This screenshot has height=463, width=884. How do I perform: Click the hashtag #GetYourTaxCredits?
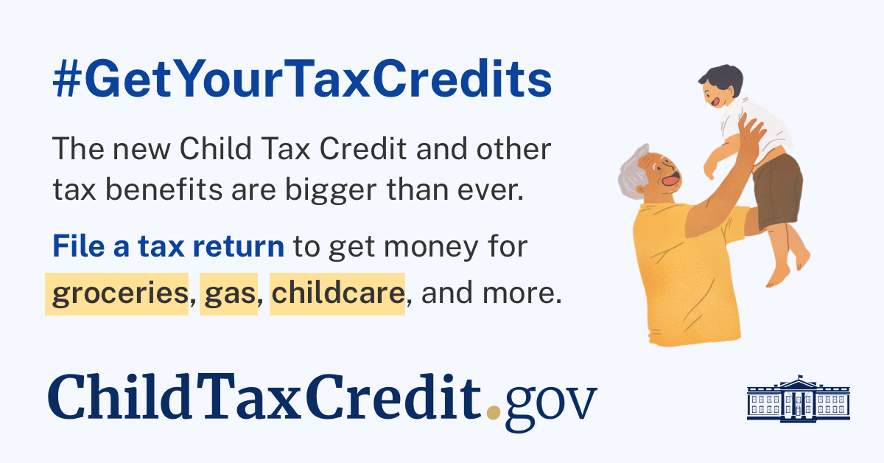pyautogui.click(x=302, y=79)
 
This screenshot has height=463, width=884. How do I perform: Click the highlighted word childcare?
pyautogui.click(x=338, y=293)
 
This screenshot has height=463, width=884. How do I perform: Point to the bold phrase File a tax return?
pyautogui.click(x=169, y=246)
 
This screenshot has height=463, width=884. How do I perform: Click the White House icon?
pyautogui.click(x=799, y=399)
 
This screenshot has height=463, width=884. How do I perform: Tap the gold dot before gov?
pyautogui.click(x=494, y=412)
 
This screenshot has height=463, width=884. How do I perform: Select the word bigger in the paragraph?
pyautogui.click(x=331, y=191)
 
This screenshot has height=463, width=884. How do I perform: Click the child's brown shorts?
pyautogui.click(x=777, y=190)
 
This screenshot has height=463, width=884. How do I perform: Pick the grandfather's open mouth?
pyautogui.click(x=670, y=180)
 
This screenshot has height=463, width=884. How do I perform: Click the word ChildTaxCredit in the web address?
pyautogui.click(x=264, y=397)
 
